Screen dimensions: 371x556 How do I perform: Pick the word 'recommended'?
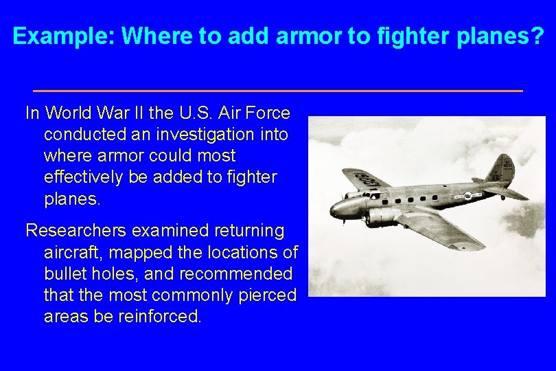[235, 273]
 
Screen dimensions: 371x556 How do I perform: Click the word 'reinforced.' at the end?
[162, 317]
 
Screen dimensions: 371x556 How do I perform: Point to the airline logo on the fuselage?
[467, 196]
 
